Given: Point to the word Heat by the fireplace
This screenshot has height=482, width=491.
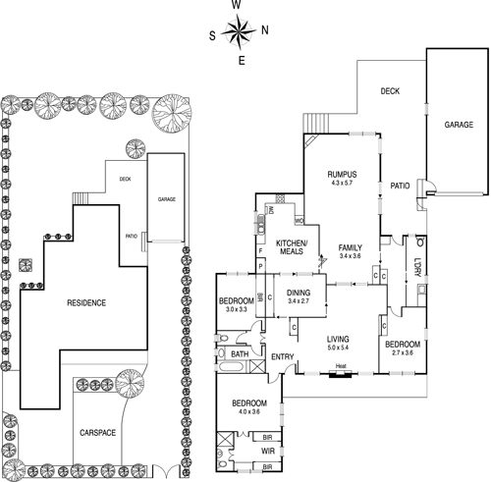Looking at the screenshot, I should pyautogui.click(x=341, y=368).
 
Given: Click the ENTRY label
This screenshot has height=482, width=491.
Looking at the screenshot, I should pyautogui.click(x=283, y=356).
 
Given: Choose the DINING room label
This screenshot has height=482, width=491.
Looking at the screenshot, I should pyautogui.click(x=300, y=293).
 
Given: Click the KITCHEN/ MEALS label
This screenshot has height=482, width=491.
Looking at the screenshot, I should pyautogui.click(x=292, y=247).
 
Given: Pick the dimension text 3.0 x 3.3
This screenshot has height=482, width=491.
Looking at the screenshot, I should pyautogui.click(x=236, y=309).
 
